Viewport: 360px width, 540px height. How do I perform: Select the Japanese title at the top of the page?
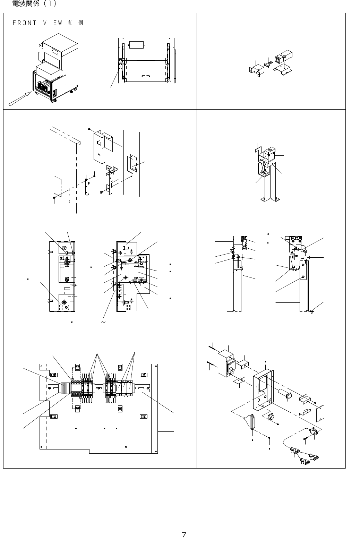point(34,4)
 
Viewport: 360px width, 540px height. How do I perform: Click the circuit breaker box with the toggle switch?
point(226,363)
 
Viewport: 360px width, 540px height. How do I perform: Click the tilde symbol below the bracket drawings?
point(103,322)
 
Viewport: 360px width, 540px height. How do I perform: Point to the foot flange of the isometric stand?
point(269,199)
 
